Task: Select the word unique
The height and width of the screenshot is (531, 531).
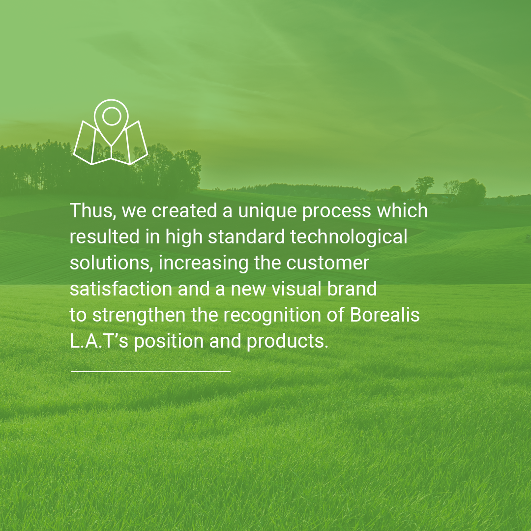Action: (267, 211)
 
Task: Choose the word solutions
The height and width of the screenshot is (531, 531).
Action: (111, 263)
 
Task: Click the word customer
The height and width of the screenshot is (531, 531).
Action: (327, 263)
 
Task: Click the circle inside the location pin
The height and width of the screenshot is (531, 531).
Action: (112, 116)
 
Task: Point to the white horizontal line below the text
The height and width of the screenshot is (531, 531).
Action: (150, 371)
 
